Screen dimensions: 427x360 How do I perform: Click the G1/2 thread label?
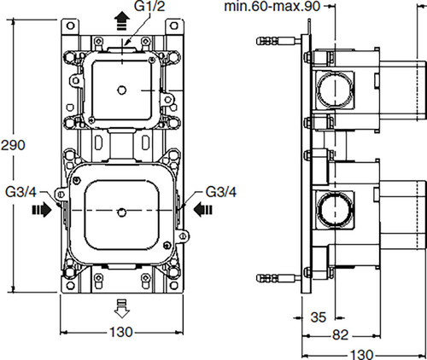click(149, 6)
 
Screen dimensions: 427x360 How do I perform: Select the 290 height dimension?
click(13, 145)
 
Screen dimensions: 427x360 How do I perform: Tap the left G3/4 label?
click(21, 192)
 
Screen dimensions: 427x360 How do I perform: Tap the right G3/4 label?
click(221, 192)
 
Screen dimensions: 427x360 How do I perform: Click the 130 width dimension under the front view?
click(121, 332)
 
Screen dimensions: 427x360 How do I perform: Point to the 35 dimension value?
click(319, 317)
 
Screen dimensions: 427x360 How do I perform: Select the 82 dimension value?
click(340, 335)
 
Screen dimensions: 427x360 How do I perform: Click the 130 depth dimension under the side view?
click(361, 355)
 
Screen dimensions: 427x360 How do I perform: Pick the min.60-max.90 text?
click(272, 6)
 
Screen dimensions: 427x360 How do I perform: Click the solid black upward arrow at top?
click(122, 20)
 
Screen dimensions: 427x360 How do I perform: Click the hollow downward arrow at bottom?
click(122, 308)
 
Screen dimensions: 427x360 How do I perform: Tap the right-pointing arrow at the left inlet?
click(42, 210)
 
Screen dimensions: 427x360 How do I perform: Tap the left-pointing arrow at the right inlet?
click(202, 210)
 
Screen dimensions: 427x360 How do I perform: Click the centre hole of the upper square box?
click(122, 90)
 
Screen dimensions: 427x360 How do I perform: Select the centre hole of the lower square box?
click(122, 212)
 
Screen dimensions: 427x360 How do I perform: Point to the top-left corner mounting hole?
click(70, 26)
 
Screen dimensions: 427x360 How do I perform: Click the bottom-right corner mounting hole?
click(174, 286)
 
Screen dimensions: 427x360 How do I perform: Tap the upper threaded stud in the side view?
click(278, 41)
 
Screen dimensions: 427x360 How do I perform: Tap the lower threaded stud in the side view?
click(278, 278)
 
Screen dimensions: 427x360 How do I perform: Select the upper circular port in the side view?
click(335, 89)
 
